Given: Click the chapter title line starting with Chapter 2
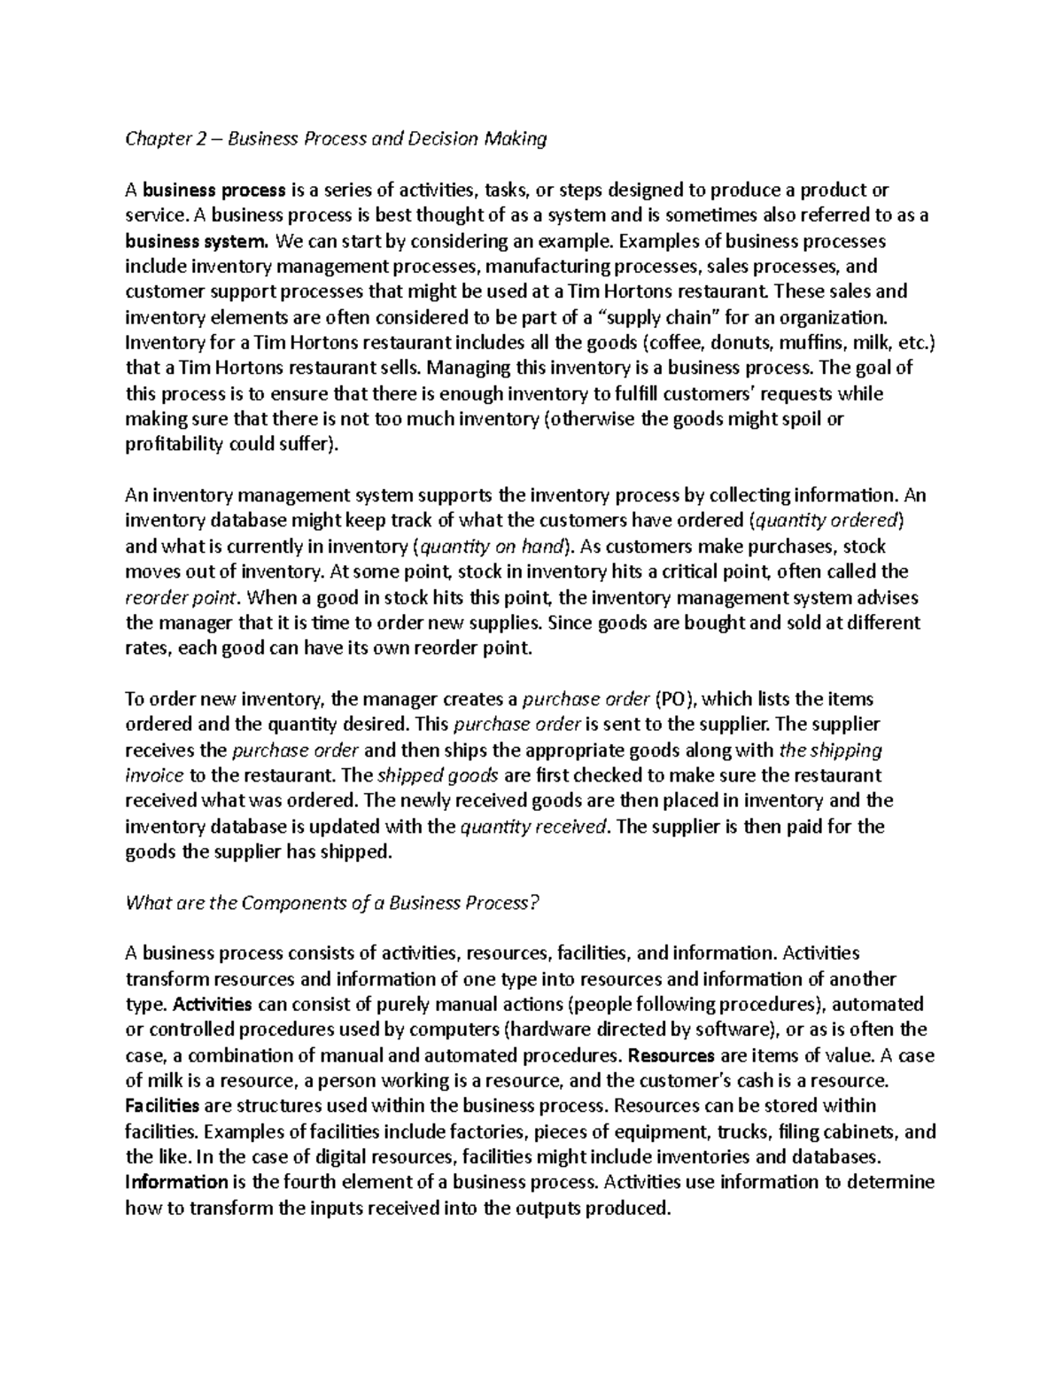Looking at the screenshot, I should click(x=336, y=138).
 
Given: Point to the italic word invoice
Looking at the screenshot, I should click(x=154, y=775).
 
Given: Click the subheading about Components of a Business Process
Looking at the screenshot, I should click(x=332, y=903).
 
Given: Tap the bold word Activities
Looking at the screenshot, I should click(x=213, y=1005).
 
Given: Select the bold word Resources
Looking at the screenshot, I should click(x=671, y=1056).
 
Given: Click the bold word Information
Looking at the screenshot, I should click(x=176, y=1183).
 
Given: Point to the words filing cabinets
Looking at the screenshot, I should click(x=837, y=1132).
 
